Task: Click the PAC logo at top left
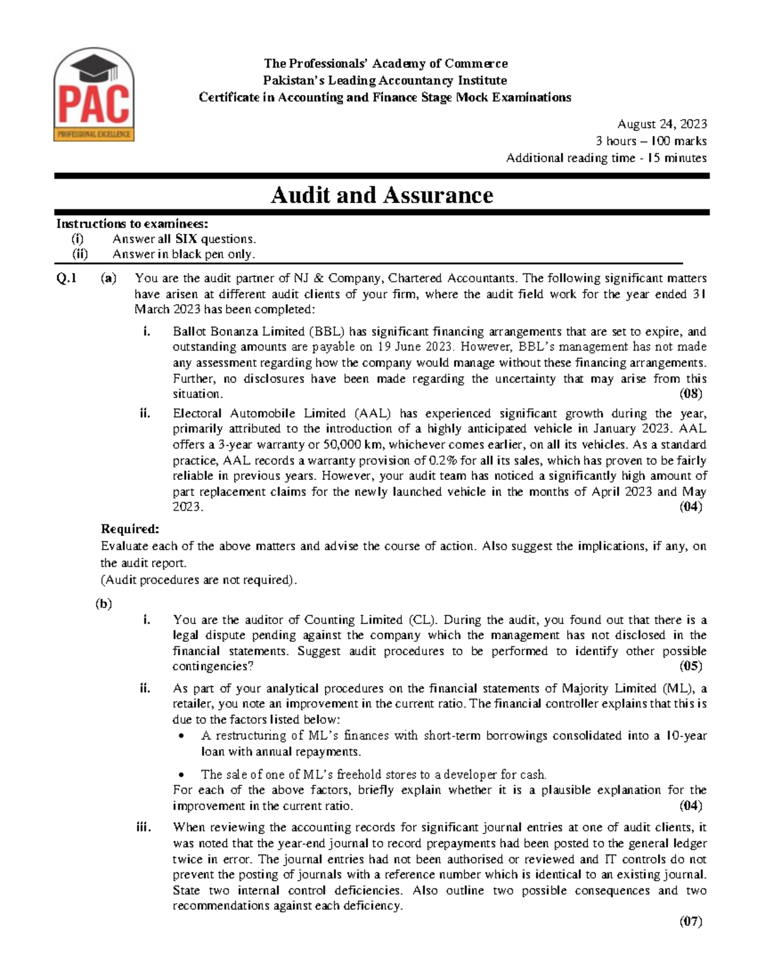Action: [93, 96]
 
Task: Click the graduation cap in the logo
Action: [94, 66]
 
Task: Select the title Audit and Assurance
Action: [382, 195]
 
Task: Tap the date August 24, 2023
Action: [662, 124]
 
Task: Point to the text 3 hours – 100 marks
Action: [651, 141]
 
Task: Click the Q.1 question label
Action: [66, 278]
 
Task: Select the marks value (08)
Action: [690, 394]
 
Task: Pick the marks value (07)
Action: [690, 922]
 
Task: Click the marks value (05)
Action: [690, 666]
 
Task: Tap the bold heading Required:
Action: [130, 529]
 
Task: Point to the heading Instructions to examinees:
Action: [132, 224]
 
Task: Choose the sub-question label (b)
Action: [103, 603]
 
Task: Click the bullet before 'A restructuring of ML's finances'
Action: [182, 736]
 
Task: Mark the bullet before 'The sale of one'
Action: [182, 775]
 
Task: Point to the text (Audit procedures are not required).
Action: [199, 580]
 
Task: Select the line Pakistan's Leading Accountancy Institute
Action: [385, 80]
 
